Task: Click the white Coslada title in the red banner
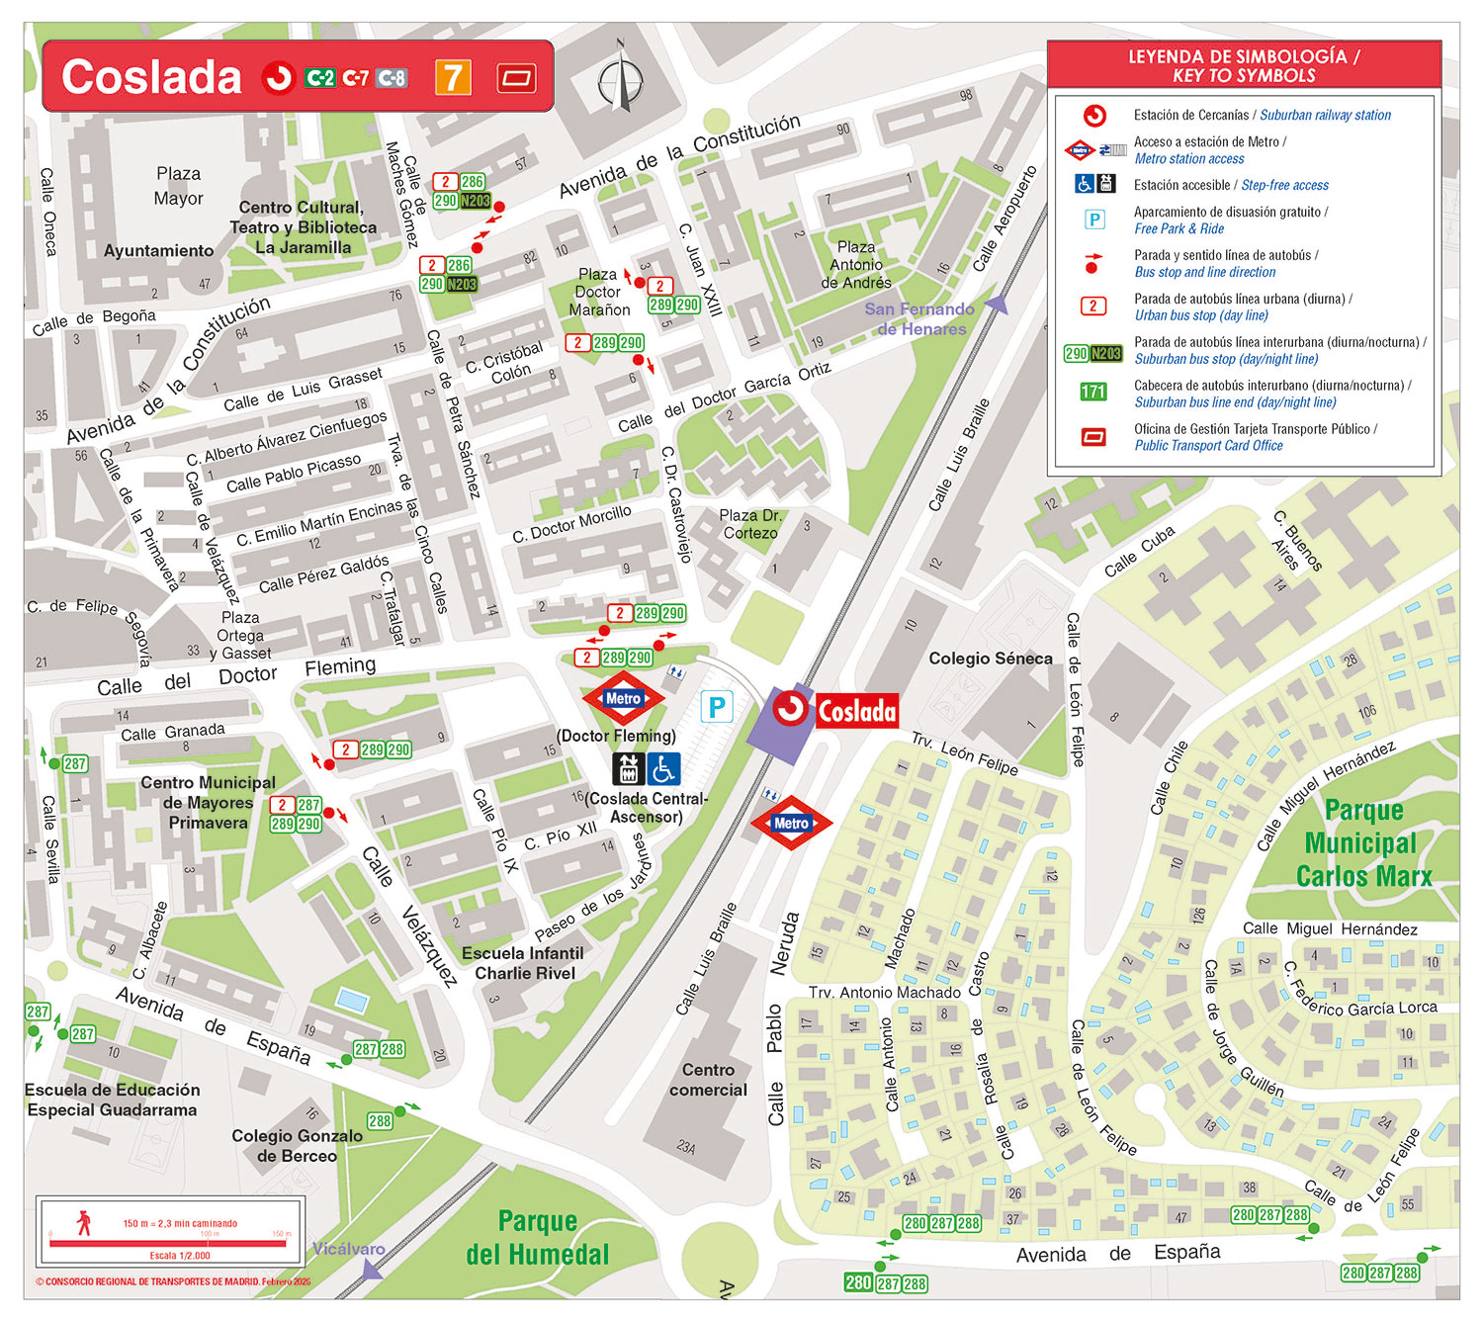(151, 77)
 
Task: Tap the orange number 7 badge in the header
(453, 77)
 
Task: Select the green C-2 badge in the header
(319, 78)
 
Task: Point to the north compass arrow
(621, 78)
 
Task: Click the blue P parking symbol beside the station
(717, 706)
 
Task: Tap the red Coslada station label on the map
(856, 710)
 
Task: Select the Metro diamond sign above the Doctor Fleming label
(623, 698)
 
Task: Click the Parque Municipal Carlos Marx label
(1363, 843)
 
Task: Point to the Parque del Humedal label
(537, 1238)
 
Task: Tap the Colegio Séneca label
(990, 659)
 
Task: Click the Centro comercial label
(708, 1080)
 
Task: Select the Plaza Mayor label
(178, 186)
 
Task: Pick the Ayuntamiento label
(158, 251)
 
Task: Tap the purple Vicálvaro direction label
(348, 1249)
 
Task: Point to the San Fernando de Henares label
(919, 318)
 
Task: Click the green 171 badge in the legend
(1092, 392)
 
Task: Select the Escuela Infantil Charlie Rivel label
(523, 963)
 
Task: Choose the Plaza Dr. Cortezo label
(749, 524)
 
